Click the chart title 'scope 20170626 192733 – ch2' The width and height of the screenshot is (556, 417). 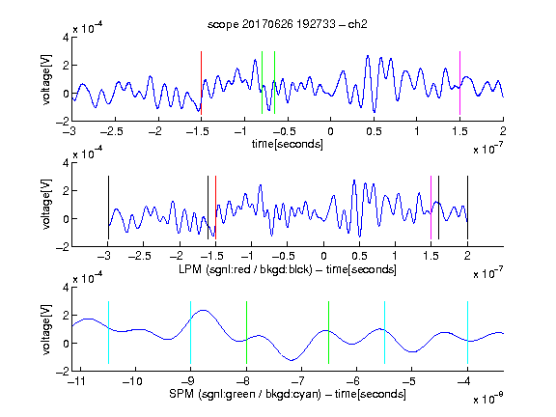click(288, 24)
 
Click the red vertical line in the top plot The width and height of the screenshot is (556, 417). click(201, 83)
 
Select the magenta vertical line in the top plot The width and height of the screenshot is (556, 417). click(459, 83)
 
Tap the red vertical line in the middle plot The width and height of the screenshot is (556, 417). click(215, 208)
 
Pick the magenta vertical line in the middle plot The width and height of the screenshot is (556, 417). click(431, 208)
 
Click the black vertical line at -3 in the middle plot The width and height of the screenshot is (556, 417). click(108, 208)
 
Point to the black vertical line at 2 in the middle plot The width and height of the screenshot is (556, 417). click(467, 208)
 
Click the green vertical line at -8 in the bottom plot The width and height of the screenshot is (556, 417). click(246, 332)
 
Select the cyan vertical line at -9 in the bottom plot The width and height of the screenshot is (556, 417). click(190, 332)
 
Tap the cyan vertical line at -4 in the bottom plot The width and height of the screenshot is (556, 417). click(467, 332)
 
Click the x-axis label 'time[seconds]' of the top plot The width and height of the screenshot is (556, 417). click(288, 144)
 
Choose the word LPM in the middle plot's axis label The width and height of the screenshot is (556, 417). click(190, 269)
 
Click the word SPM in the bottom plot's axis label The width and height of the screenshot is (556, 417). click(181, 394)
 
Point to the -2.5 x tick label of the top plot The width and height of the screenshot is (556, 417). click(112, 131)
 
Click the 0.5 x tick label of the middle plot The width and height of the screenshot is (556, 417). click(359, 256)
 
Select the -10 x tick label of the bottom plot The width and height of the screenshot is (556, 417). click(132, 381)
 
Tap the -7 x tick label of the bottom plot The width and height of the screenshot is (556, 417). click(298, 381)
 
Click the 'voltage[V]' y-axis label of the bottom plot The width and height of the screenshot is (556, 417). click(46, 329)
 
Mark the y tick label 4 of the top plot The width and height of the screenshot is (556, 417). click(66, 38)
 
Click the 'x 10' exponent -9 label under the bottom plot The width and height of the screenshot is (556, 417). click(488, 399)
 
